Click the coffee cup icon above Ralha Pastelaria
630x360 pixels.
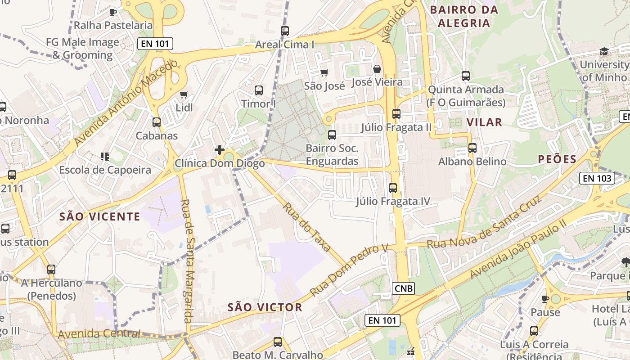tap(113, 12)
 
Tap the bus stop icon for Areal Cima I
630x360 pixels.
tap(284, 31)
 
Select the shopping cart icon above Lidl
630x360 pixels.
tap(184, 94)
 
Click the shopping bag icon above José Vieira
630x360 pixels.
tap(377, 69)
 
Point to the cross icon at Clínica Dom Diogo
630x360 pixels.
tap(220, 150)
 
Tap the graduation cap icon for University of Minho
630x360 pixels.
tap(603, 52)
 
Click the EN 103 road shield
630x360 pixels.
tap(597, 178)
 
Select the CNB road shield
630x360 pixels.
tap(403, 288)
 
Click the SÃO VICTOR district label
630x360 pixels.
tap(265, 307)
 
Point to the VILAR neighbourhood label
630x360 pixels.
tap(484, 122)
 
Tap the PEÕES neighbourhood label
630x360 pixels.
tap(557, 159)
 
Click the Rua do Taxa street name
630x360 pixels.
tap(307, 227)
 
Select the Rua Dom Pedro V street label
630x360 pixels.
tap(349, 270)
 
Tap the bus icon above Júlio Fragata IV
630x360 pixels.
tap(393, 188)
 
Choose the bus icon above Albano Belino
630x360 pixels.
tap(472, 148)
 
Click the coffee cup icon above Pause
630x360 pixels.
tap(545, 299)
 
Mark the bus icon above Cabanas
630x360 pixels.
tap(157, 122)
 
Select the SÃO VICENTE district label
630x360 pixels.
tap(100, 216)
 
